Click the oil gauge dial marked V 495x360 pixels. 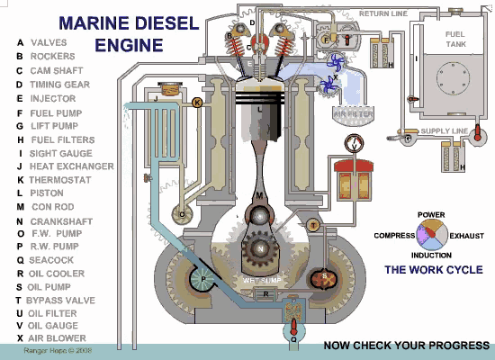tap(353, 144)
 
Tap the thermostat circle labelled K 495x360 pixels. tap(197, 103)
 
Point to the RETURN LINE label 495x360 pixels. tap(384, 14)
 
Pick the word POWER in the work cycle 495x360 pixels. tap(431, 214)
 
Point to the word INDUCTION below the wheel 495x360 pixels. tap(430, 255)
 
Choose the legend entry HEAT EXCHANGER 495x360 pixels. tap(72, 166)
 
